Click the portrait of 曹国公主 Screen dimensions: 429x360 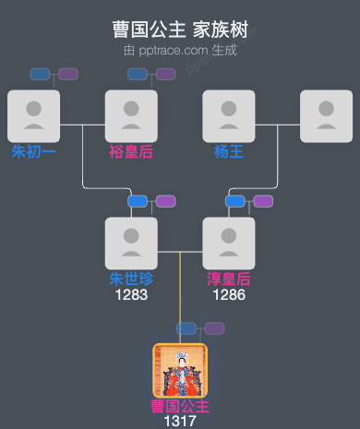click(180, 370)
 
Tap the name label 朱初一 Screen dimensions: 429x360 click(33, 151)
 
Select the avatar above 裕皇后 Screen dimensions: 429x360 click(131, 115)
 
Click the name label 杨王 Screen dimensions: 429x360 click(229, 151)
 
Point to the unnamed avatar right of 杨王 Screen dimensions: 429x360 click(326, 115)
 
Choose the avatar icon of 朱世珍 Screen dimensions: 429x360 click(131, 243)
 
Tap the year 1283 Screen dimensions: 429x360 click(131, 295)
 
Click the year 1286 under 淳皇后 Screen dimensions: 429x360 click(229, 295)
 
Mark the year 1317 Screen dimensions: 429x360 click(180, 422)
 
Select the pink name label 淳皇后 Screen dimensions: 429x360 click(229, 279)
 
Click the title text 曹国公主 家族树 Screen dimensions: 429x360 click(180, 30)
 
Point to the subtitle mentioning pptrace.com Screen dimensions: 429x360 click(180, 50)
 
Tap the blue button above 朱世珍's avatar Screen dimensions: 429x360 click(138, 201)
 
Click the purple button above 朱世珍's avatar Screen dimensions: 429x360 click(165, 201)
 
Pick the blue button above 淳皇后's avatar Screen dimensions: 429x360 click(235, 201)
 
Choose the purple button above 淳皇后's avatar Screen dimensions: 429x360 click(263, 201)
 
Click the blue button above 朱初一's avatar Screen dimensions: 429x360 click(40, 74)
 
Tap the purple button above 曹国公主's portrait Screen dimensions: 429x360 click(214, 328)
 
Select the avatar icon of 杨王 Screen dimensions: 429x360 click(229, 115)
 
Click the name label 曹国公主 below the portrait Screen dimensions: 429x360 click(180, 406)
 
